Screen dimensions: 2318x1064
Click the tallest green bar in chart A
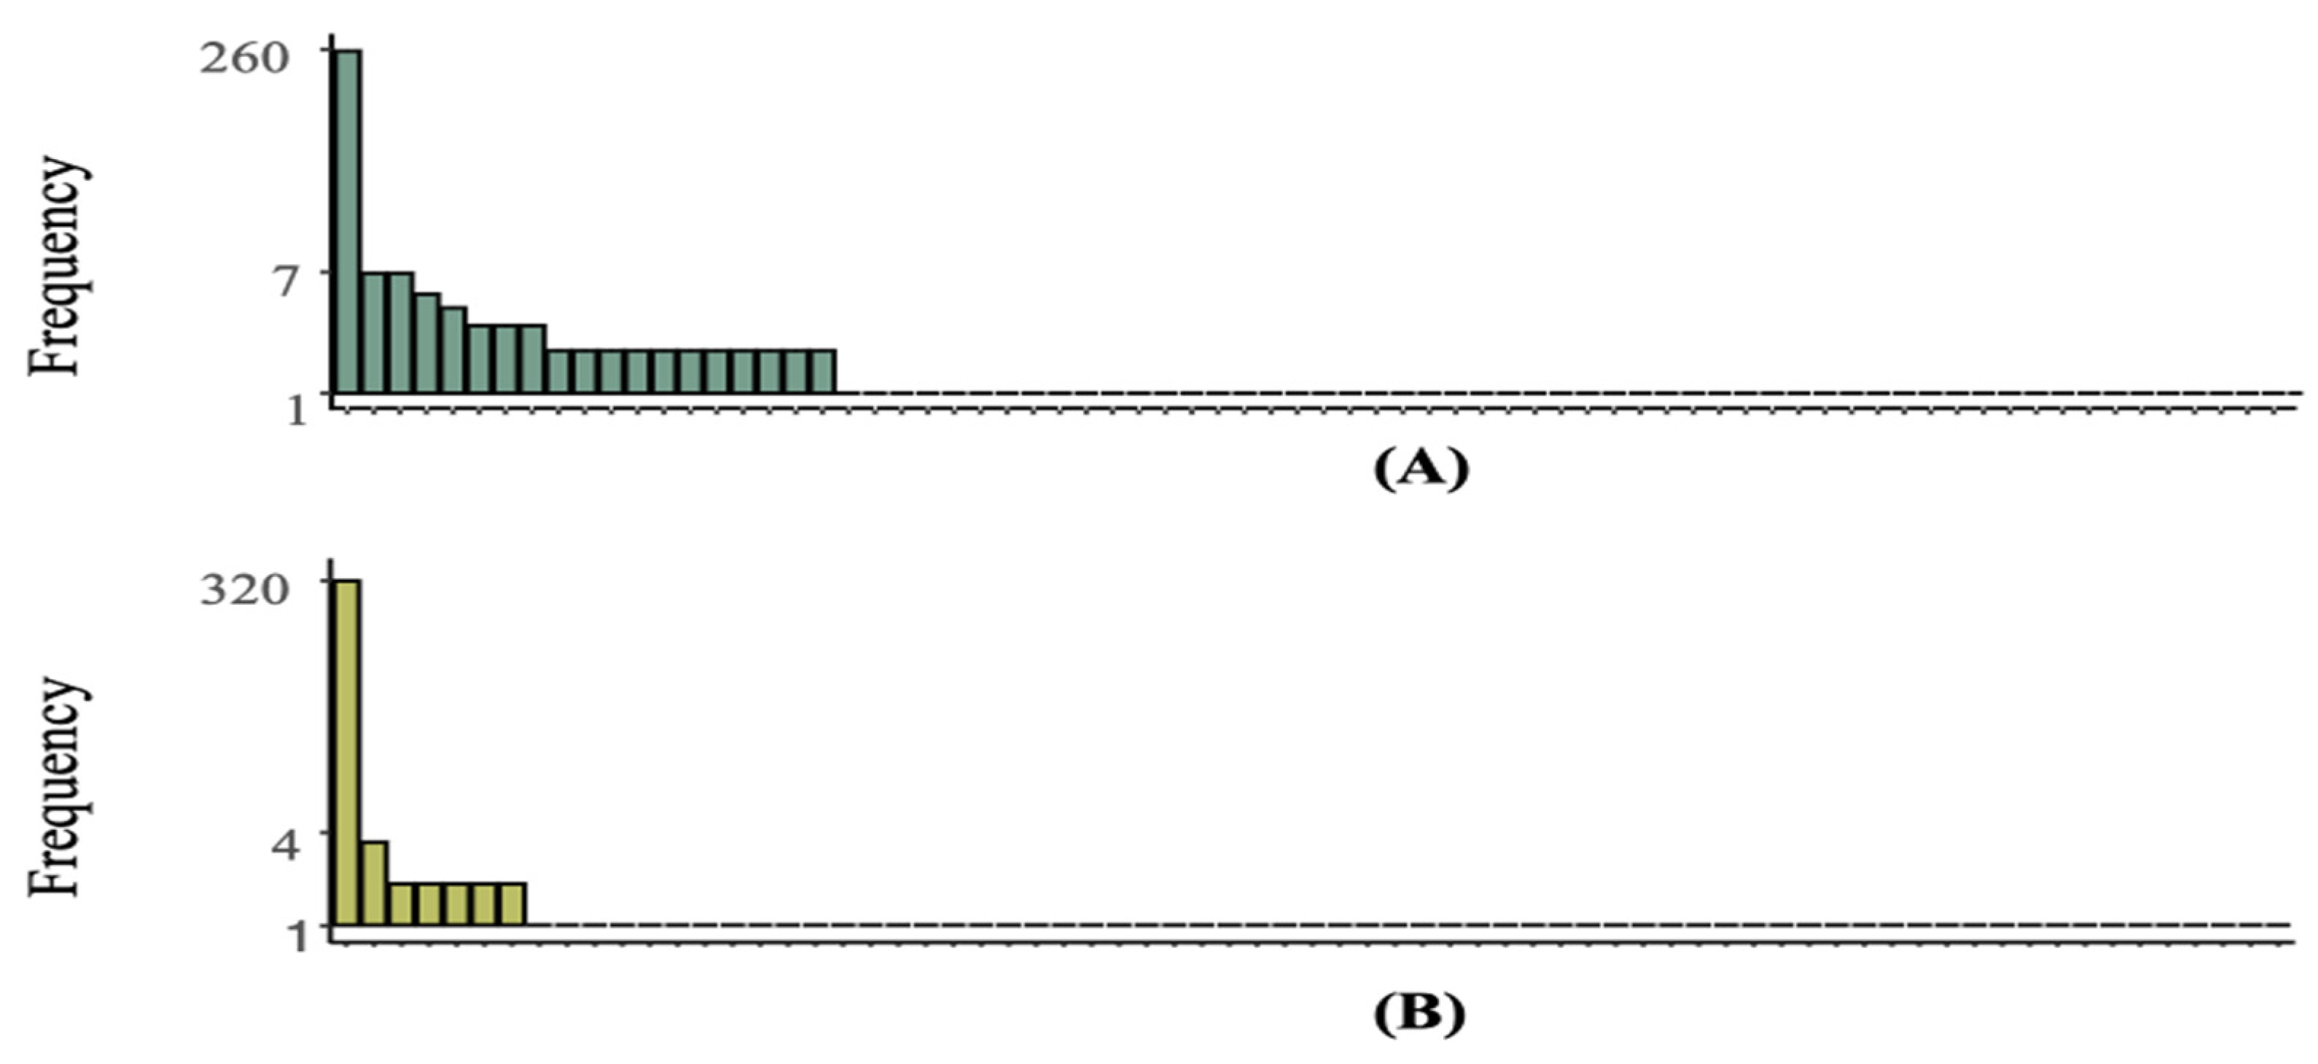click(348, 220)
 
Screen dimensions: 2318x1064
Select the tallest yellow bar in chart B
click(348, 752)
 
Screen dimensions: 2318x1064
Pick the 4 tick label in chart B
click(289, 846)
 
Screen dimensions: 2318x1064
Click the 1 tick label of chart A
click(297, 411)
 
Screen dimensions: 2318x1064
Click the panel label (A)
click(1420, 468)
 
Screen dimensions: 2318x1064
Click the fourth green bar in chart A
click(426, 342)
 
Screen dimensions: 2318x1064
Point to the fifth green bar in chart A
click(453, 349)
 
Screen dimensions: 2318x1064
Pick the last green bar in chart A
click(822, 371)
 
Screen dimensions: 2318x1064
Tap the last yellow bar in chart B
click(512, 904)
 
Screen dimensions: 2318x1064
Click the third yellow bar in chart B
click(402, 904)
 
